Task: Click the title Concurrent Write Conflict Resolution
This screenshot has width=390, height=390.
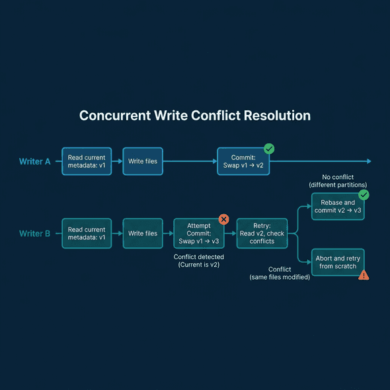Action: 195,116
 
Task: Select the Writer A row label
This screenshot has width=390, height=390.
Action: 34,161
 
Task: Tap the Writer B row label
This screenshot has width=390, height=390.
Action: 34,233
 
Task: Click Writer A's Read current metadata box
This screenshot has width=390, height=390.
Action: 87,161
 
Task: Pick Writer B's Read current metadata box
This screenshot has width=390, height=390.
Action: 87,233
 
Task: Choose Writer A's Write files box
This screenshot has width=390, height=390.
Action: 143,161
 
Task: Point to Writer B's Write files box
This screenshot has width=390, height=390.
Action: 143,233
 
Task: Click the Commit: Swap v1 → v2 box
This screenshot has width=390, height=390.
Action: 243,161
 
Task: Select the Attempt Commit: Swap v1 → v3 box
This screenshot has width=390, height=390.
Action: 199,233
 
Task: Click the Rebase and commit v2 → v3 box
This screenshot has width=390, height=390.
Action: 338,206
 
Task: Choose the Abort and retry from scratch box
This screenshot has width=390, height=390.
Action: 338,262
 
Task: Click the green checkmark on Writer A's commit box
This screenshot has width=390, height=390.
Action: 269,149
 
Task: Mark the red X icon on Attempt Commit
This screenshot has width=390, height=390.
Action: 223,219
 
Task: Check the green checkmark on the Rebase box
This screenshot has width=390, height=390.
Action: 364,195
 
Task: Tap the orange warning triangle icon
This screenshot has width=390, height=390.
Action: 364,275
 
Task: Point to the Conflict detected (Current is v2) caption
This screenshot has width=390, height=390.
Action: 199,260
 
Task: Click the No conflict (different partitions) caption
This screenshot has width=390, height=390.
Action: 338,180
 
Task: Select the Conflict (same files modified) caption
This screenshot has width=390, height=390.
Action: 280,273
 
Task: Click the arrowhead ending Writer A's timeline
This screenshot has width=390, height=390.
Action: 369,161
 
